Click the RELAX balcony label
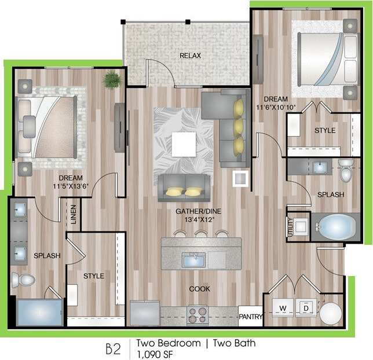coord(189,56)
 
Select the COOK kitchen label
coord(199,288)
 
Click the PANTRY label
coord(251,317)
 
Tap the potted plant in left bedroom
coord(112,80)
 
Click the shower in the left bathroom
coord(39,313)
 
